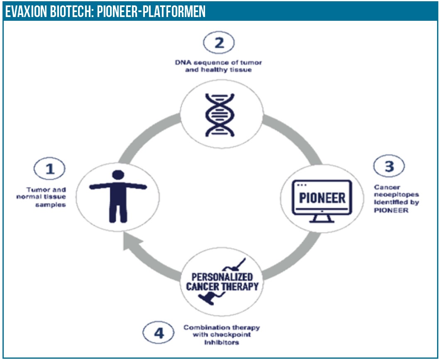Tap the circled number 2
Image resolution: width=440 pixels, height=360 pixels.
(219, 43)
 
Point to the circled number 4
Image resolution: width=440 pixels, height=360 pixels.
(159, 332)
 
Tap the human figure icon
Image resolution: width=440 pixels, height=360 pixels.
(118, 196)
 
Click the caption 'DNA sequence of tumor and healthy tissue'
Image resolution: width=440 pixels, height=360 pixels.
(218, 66)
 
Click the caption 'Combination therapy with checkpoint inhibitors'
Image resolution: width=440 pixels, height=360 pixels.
(222, 335)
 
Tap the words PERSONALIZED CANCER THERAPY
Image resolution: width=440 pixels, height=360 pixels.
(222, 282)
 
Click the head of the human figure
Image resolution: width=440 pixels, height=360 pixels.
(118, 176)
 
